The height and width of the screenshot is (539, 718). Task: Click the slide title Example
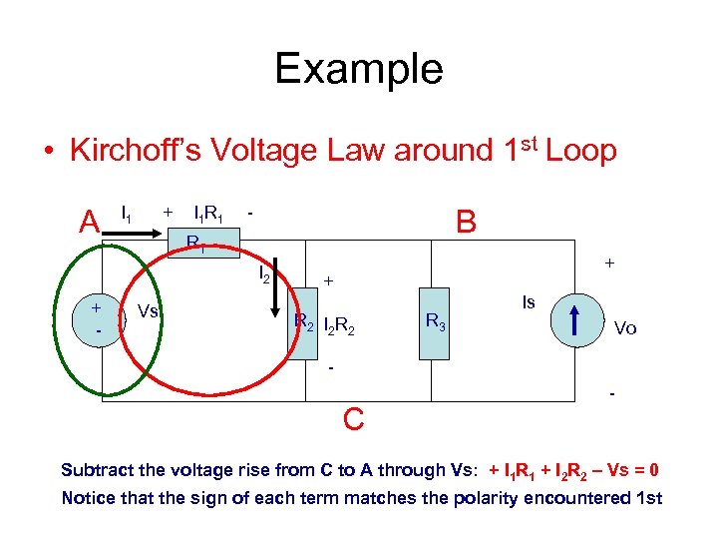[358, 69]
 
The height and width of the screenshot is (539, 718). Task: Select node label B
[466, 219]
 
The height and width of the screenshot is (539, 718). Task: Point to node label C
[353, 419]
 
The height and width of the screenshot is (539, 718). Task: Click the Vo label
[626, 327]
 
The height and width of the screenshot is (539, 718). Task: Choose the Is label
[530, 300]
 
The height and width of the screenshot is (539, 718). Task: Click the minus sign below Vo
[612, 396]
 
